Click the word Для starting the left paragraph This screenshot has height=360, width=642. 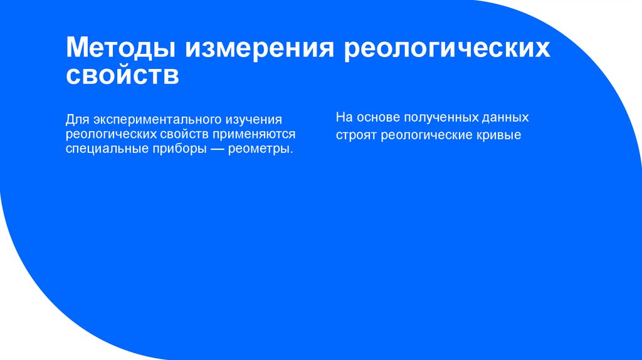(76, 118)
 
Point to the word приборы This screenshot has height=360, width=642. (172, 149)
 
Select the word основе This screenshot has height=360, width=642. (374, 118)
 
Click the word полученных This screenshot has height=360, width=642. (439, 118)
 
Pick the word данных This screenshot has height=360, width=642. (506, 118)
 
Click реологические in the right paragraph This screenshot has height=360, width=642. (421, 135)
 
